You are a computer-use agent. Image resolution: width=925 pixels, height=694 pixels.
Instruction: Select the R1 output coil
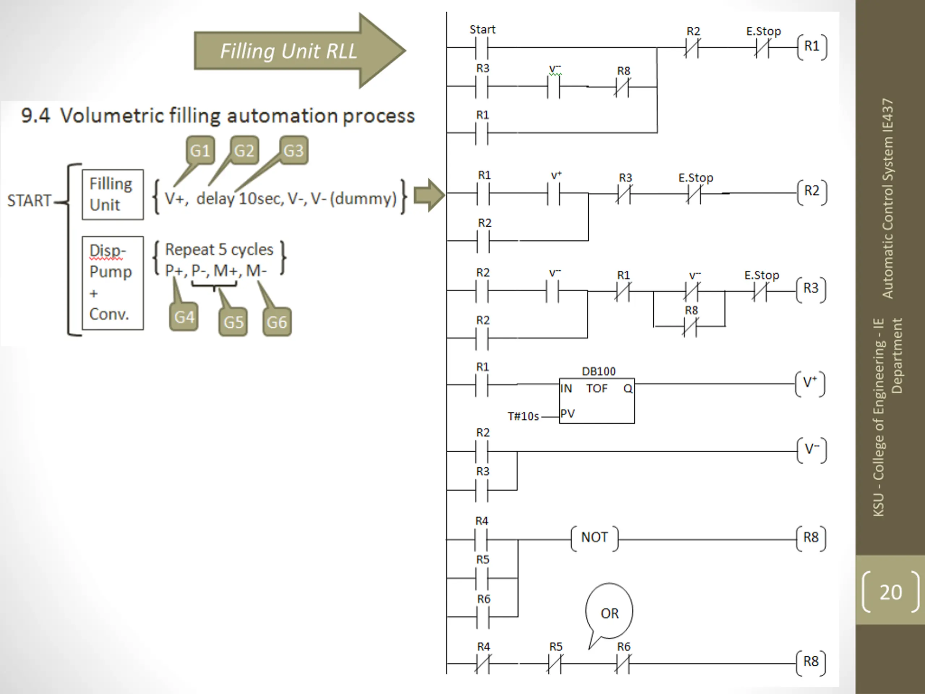click(x=812, y=46)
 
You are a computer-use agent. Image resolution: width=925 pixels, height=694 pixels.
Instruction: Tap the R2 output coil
click(x=812, y=191)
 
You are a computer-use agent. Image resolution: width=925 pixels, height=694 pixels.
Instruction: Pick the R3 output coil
click(x=811, y=289)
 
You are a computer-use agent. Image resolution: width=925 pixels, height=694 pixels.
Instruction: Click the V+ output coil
click(x=810, y=383)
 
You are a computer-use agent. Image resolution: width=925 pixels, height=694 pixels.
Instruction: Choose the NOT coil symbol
click(x=594, y=537)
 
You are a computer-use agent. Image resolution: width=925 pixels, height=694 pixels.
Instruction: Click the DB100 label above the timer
click(x=598, y=372)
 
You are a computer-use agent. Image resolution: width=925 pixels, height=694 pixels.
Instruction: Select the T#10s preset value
click(x=523, y=416)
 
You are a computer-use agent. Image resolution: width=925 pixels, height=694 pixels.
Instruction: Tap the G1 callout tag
click(x=200, y=151)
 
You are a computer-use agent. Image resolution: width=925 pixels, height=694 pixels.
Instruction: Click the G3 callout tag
click(x=293, y=151)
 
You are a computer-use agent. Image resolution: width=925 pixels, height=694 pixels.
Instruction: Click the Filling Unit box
click(x=113, y=194)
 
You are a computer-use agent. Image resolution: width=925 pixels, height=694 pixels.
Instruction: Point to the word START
click(x=29, y=201)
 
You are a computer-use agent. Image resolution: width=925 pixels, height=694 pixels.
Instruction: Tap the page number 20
click(x=890, y=592)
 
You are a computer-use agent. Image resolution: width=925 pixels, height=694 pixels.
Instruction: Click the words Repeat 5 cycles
click(x=219, y=250)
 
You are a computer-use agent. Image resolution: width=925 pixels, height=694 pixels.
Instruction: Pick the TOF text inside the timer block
click(x=597, y=389)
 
